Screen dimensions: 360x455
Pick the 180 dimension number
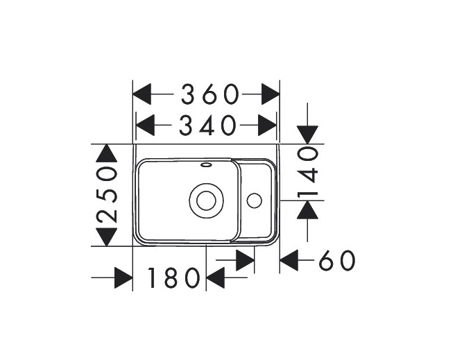[x=173, y=279]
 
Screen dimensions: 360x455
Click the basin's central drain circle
[x=206, y=200]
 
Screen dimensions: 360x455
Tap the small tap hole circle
[x=254, y=200]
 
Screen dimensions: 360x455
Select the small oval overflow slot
[x=206, y=165]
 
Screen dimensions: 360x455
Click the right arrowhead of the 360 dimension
[x=270, y=93]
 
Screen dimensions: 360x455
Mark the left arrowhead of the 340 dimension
[x=145, y=125]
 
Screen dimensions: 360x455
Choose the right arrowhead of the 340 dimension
[x=267, y=125]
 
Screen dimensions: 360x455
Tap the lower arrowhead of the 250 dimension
[x=105, y=237]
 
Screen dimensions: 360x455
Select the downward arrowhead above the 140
[x=307, y=135]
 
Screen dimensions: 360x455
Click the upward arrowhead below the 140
[x=307, y=209]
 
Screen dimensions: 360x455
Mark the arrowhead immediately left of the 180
[x=123, y=279]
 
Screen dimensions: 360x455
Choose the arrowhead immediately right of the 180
[x=216, y=279]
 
